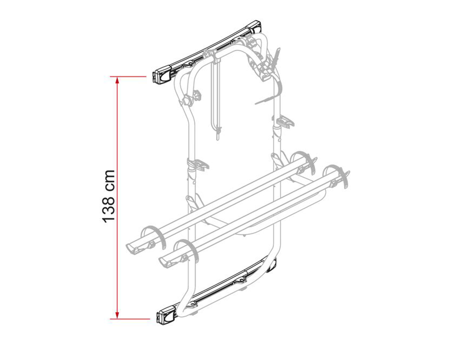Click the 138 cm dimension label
108,196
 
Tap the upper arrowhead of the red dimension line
117,81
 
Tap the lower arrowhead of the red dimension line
117,315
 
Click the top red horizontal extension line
128,76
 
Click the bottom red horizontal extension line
130,319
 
